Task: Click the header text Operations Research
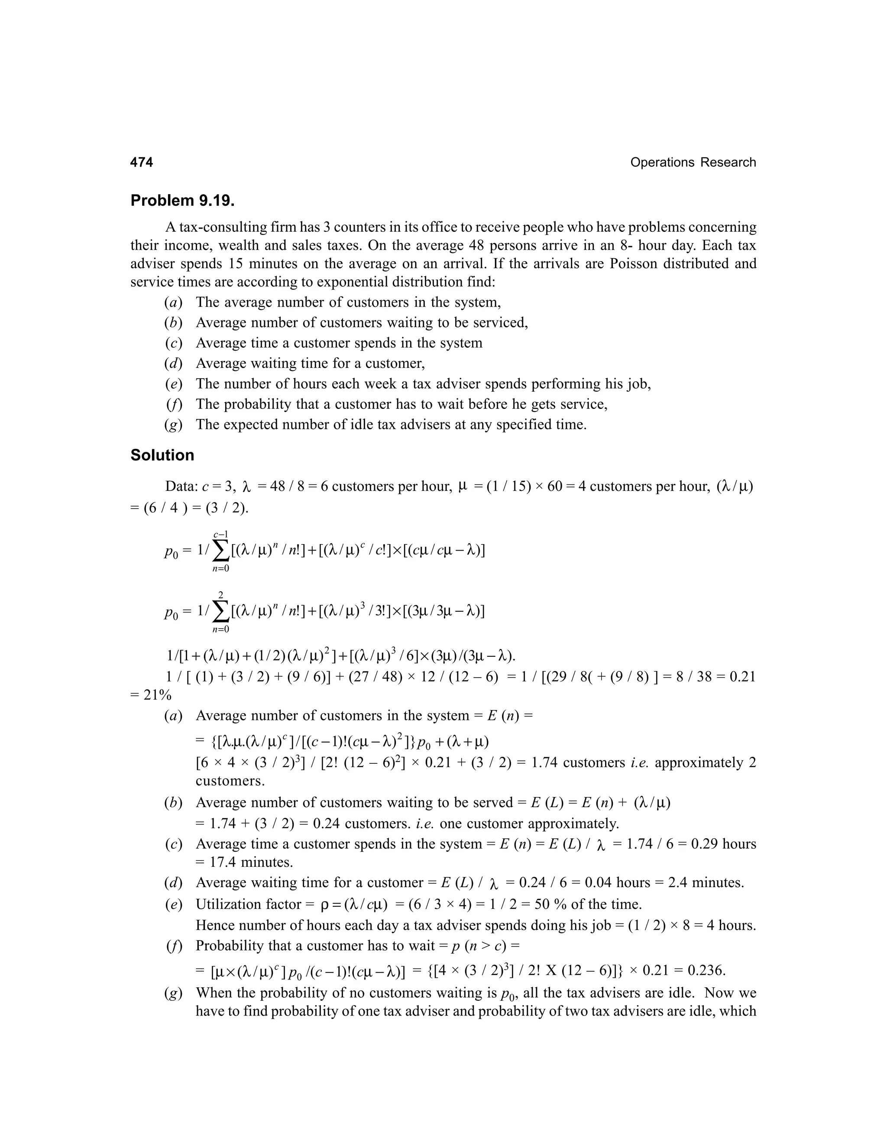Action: click(x=693, y=162)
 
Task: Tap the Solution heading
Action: click(x=162, y=455)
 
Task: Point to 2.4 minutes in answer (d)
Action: click(x=705, y=882)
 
